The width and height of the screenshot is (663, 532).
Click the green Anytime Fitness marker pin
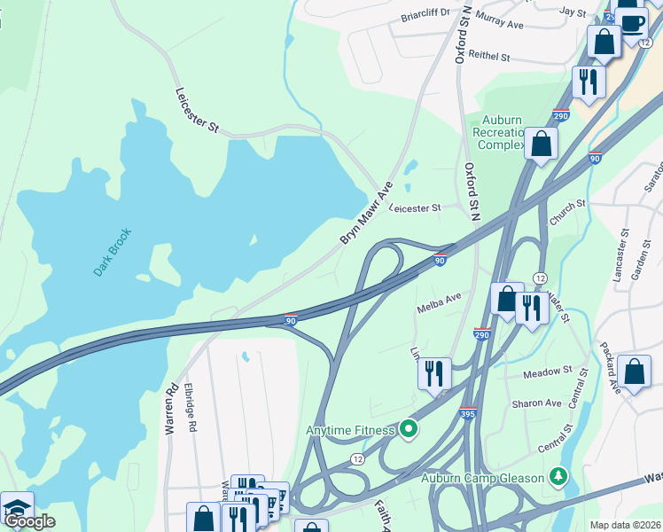(x=408, y=430)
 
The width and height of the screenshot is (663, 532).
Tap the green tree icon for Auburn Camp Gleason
(x=558, y=478)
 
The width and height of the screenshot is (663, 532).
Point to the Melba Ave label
(x=440, y=302)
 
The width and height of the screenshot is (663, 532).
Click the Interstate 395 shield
(x=468, y=414)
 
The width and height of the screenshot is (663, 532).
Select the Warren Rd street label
(x=171, y=408)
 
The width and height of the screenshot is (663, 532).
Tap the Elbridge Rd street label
(x=191, y=408)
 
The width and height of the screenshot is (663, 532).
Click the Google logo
(x=29, y=521)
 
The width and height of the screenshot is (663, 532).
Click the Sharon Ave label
(x=536, y=403)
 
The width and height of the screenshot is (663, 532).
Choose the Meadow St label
(x=543, y=375)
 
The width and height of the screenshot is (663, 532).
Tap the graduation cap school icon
(x=16, y=506)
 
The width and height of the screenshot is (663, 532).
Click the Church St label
(x=567, y=204)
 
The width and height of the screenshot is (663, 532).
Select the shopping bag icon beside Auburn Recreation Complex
(x=541, y=143)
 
